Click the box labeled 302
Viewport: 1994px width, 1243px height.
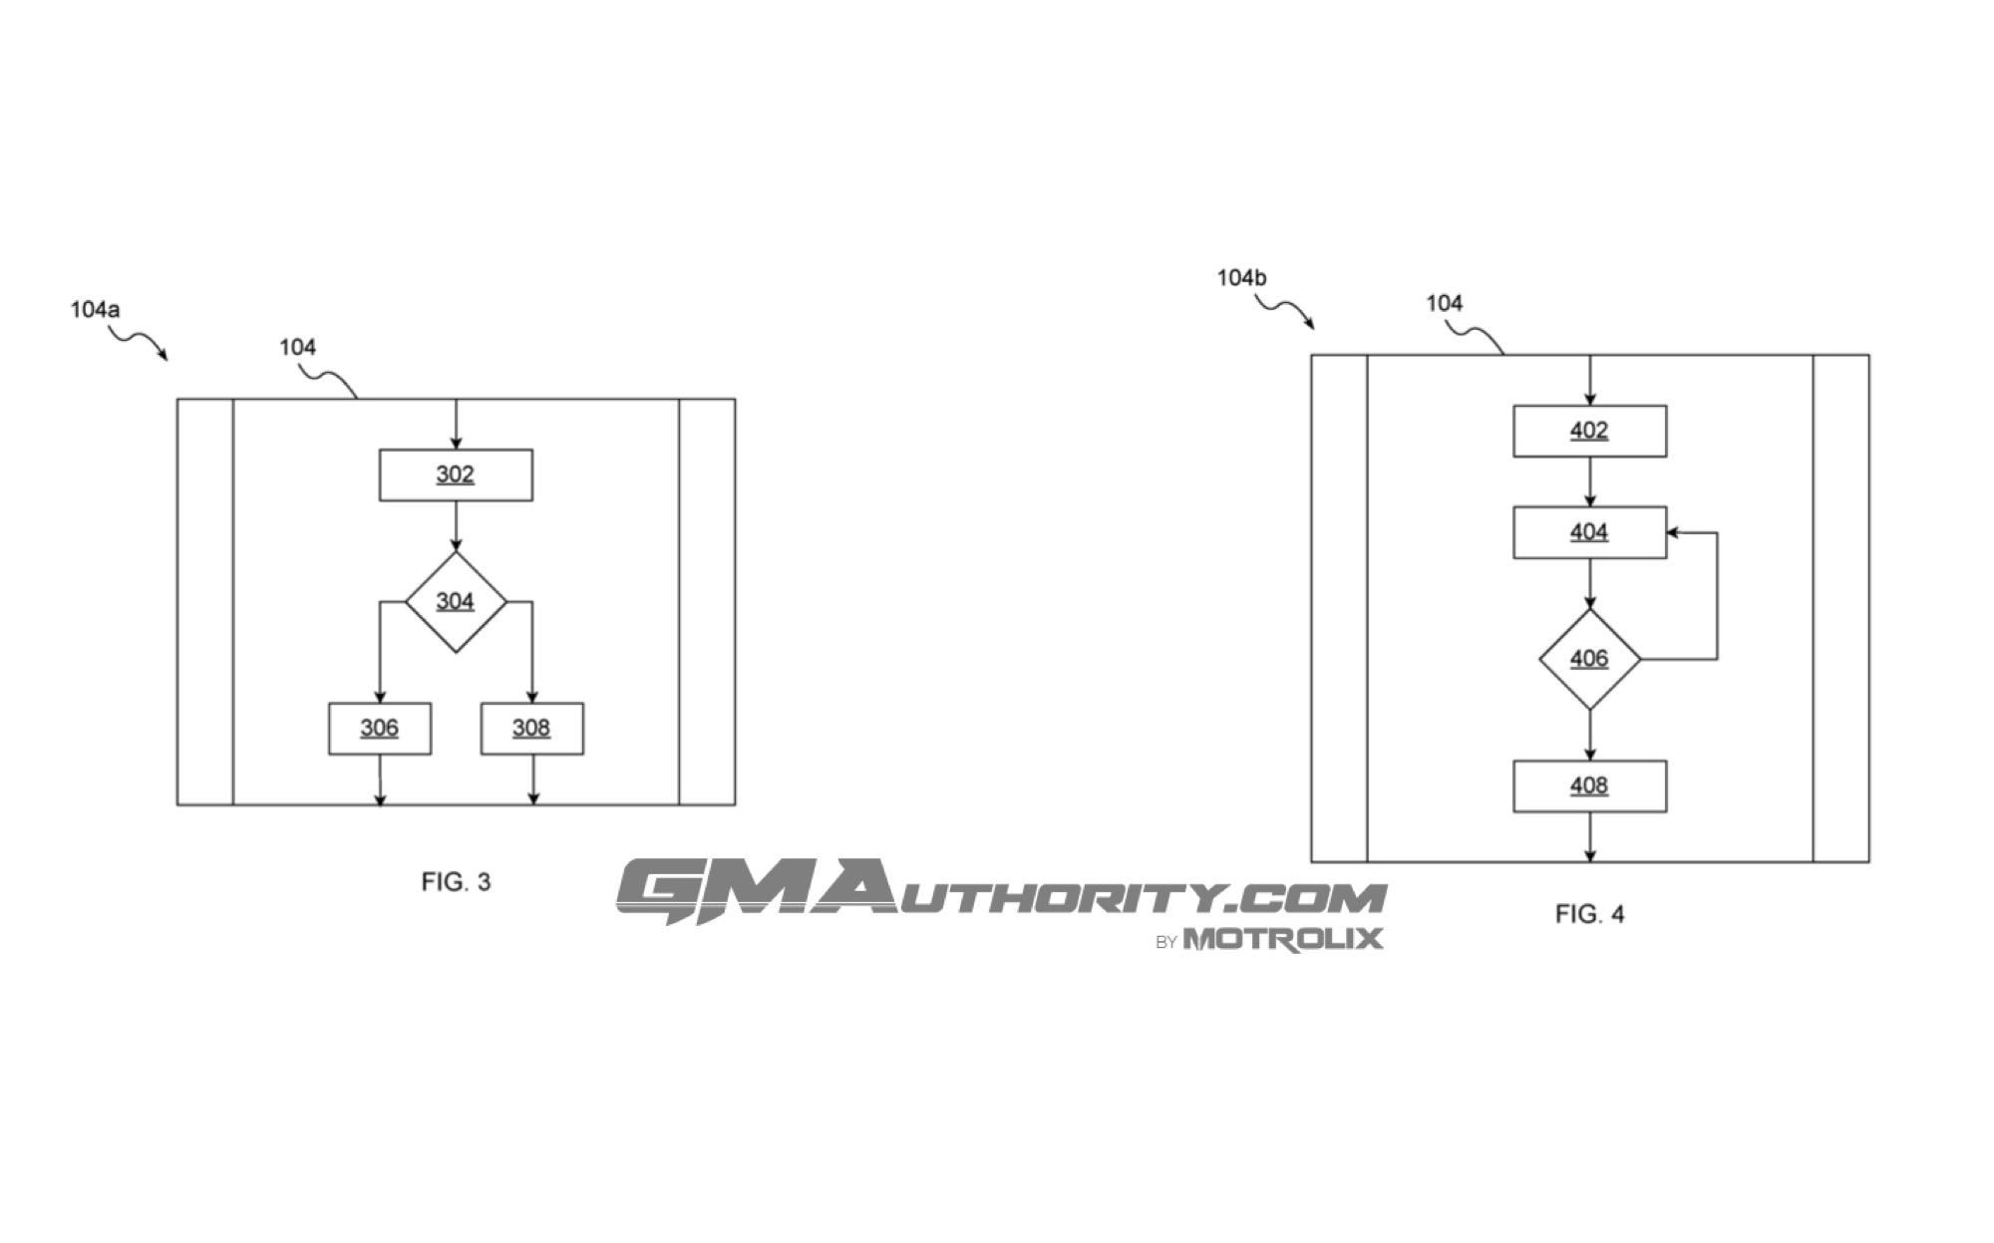click(456, 474)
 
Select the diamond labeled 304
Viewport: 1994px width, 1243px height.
click(456, 602)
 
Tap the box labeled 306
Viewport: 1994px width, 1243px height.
click(380, 729)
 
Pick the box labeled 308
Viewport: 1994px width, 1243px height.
click(532, 729)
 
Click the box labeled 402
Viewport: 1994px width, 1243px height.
click(1589, 431)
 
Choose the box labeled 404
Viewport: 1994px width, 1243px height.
click(1589, 532)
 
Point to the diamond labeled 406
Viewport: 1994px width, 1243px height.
click(1589, 659)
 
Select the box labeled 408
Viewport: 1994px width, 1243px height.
click(1589, 786)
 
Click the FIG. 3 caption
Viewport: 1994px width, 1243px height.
click(456, 882)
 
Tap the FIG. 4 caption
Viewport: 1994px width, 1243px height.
click(1589, 914)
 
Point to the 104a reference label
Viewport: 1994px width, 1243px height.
click(95, 310)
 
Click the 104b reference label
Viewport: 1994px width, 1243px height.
click(1241, 278)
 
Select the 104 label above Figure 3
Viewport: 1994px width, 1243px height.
click(297, 347)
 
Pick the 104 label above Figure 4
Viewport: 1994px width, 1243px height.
click(1444, 303)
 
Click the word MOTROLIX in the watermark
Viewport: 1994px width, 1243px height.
click(1283, 939)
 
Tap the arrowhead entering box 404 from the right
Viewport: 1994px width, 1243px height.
click(1674, 532)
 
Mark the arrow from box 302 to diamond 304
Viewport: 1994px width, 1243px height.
click(456, 526)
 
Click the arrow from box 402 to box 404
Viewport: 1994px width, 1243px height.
click(1589, 482)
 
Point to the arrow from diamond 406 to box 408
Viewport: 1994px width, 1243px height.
click(1589, 736)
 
